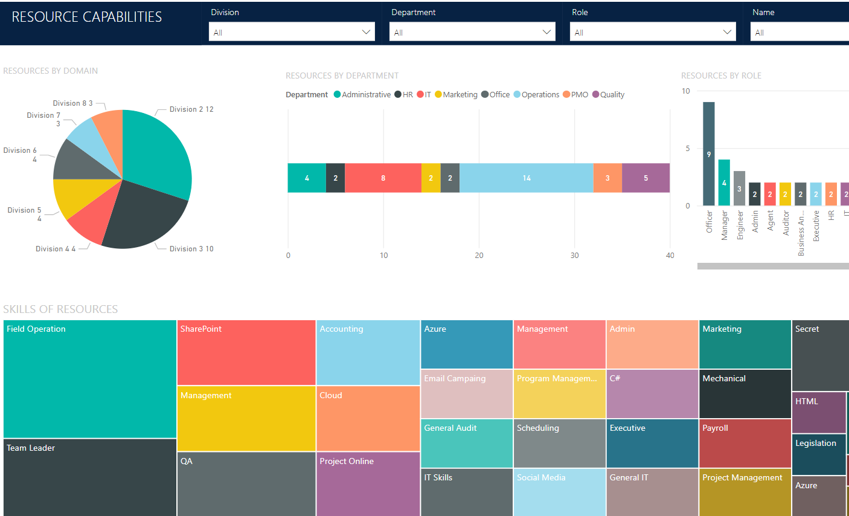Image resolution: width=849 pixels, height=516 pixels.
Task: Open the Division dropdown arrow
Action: pos(366,32)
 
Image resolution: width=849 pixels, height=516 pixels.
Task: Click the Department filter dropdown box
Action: pos(472,32)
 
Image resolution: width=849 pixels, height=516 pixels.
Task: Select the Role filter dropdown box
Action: pos(652,32)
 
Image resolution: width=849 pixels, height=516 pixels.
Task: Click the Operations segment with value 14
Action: pos(526,178)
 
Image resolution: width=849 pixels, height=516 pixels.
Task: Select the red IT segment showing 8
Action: pos(383,178)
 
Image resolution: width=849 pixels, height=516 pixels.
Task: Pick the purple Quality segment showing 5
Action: pos(646,178)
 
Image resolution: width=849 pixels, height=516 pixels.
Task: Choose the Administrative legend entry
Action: pos(362,95)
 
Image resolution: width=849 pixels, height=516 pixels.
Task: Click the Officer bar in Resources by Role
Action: pos(709,154)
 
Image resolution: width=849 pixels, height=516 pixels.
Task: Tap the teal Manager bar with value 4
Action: pos(724,182)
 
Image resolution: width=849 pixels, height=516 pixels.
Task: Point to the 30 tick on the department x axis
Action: pos(574,256)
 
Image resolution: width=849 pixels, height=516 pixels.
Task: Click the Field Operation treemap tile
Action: pos(90,379)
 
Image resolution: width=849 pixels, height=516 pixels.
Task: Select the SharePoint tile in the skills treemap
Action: pos(246,353)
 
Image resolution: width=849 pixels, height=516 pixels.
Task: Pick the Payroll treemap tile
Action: pos(745,443)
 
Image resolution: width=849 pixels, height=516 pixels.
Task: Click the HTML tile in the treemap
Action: pos(818,413)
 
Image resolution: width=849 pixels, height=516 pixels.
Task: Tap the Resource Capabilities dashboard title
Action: pos(87,17)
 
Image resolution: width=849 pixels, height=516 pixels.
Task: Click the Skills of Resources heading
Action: pos(60,309)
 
